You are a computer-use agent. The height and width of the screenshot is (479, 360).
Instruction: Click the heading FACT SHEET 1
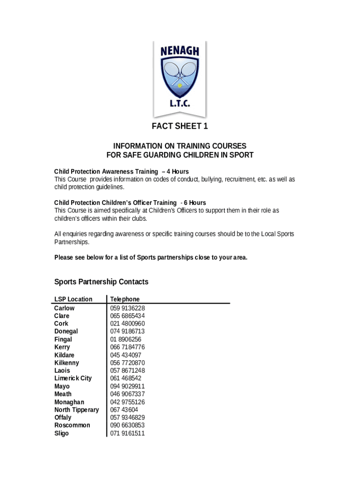(x=180, y=126)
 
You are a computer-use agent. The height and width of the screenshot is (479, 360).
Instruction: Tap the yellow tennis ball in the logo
(x=180, y=86)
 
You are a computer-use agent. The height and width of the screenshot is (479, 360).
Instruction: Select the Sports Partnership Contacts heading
(x=101, y=282)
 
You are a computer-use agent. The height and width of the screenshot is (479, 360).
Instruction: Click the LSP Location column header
(x=73, y=299)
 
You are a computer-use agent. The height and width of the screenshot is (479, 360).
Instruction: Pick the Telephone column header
(x=125, y=299)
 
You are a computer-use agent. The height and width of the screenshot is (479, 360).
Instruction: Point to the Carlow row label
(x=64, y=308)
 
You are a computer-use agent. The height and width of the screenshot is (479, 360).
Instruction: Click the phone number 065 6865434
(x=127, y=316)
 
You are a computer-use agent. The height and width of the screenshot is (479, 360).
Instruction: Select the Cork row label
(x=61, y=324)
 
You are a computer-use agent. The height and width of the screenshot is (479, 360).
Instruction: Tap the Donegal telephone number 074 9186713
(x=127, y=332)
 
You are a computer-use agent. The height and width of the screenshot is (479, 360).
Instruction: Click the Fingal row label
(x=63, y=340)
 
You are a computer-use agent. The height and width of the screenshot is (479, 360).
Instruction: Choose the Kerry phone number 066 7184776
(x=127, y=347)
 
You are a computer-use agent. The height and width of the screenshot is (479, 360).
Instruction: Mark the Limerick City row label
(x=73, y=378)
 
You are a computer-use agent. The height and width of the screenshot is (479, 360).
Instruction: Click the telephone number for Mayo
(x=127, y=386)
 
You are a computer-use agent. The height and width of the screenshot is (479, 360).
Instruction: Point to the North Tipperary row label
(x=77, y=410)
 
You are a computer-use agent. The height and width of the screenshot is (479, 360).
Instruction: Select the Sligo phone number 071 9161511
(x=127, y=434)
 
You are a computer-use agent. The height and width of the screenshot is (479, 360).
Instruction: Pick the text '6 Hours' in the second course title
(x=194, y=203)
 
